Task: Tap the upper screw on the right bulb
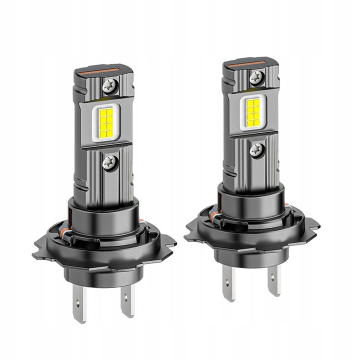point(256,77)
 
